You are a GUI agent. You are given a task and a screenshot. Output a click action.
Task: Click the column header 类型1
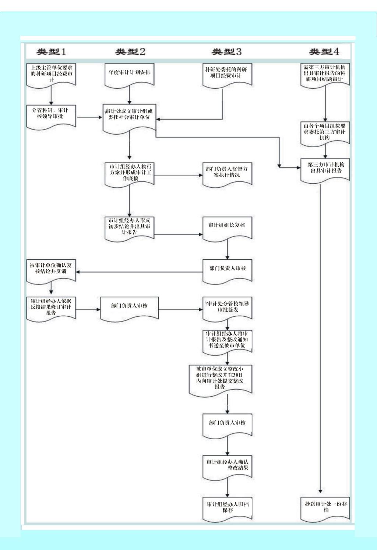tap(51, 52)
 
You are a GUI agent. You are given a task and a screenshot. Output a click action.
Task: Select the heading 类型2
tap(130, 52)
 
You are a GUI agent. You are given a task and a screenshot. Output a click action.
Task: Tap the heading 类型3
tap(226, 52)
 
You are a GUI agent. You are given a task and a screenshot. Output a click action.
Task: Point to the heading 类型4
tap(324, 52)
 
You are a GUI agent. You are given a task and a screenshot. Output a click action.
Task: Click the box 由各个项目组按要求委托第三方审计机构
tap(325, 132)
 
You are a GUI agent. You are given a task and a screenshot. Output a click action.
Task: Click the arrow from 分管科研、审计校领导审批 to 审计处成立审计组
tap(89, 117)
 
